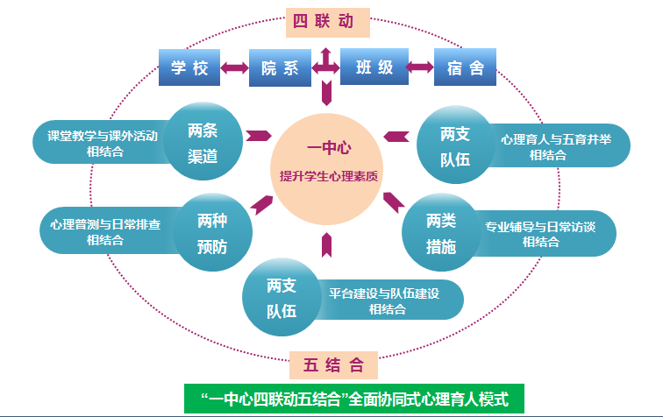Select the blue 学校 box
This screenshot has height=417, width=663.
pos(189,67)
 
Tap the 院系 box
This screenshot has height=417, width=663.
pos(281,67)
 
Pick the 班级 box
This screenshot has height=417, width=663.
pos(374,67)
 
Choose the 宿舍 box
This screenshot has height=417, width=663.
pos(465,67)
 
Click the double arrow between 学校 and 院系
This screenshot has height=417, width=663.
pos(235,67)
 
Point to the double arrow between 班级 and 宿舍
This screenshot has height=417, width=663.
pos(419,67)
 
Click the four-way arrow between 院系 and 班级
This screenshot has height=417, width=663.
pos(327,67)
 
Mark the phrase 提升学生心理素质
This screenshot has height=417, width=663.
pos(328,175)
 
